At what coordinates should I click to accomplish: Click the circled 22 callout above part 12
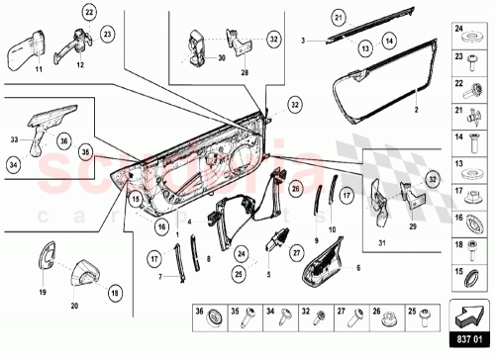pos(88,13)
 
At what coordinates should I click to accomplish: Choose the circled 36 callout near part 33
pos(63,142)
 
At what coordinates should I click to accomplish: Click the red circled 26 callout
pos(295,188)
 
